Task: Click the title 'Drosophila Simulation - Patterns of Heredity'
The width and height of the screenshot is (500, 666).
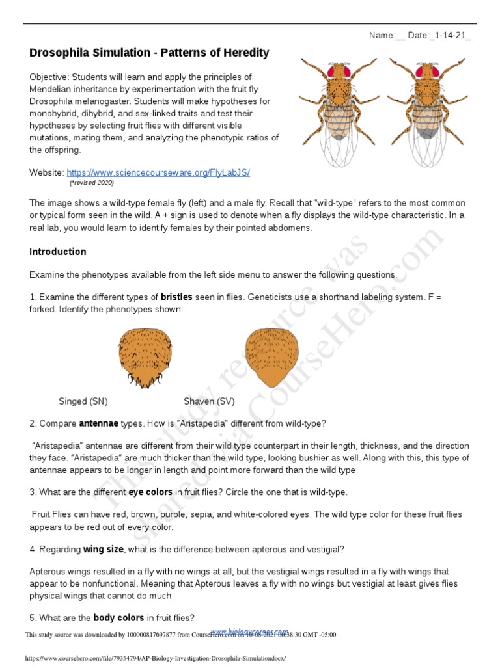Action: coord(149,53)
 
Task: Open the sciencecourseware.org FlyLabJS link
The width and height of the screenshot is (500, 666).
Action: coord(158,172)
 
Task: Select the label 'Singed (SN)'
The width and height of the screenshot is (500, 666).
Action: coord(83,401)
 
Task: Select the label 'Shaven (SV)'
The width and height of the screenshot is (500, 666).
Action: coord(209,401)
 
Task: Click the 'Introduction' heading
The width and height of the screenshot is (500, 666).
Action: coord(58,252)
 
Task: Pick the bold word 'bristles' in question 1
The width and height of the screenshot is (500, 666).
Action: coord(176,297)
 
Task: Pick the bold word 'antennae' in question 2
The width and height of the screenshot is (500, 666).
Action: coord(98,423)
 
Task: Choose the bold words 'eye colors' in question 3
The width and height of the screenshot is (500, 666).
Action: coord(150,492)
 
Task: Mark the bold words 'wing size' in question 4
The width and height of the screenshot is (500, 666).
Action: coord(103,549)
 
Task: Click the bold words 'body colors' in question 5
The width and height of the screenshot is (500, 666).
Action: coord(117,617)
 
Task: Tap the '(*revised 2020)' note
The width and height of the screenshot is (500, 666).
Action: coord(96,183)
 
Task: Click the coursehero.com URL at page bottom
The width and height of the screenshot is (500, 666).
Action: coord(155,659)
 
